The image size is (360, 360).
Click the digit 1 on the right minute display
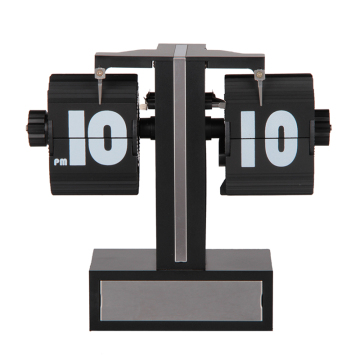coord(248,138)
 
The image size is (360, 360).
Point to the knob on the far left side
coord(36,126)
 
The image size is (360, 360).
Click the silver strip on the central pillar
coord(178,160)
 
